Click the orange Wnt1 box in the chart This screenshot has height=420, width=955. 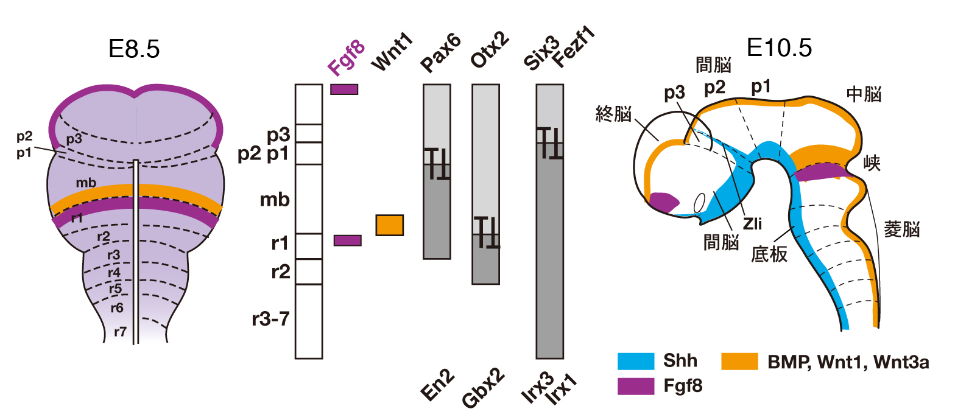point(389,225)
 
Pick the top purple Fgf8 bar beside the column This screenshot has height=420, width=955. point(344,89)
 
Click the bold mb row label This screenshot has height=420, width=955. point(275,200)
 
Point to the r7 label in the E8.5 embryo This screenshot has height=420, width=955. point(121,332)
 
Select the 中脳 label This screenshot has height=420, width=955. point(864,94)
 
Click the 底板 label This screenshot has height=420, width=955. point(770,254)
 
